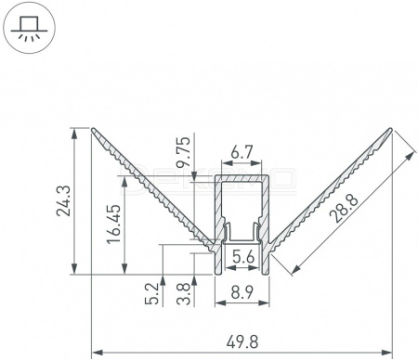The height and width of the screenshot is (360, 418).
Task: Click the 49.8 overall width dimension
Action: click(x=242, y=342)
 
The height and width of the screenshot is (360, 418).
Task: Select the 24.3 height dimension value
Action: click(x=64, y=200)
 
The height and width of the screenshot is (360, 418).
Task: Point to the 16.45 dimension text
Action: click(x=114, y=224)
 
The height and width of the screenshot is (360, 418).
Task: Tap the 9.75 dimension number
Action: click(x=183, y=152)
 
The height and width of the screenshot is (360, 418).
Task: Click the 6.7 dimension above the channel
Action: click(x=242, y=152)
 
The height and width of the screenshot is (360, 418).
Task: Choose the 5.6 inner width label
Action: click(x=243, y=257)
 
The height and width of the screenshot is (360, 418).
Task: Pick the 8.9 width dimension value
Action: click(x=242, y=292)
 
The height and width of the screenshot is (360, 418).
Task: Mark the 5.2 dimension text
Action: click(x=151, y=294)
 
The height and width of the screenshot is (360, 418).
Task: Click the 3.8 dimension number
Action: click(x=183, y=294)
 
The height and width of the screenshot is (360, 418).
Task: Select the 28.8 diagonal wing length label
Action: click(x=344, y=208)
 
